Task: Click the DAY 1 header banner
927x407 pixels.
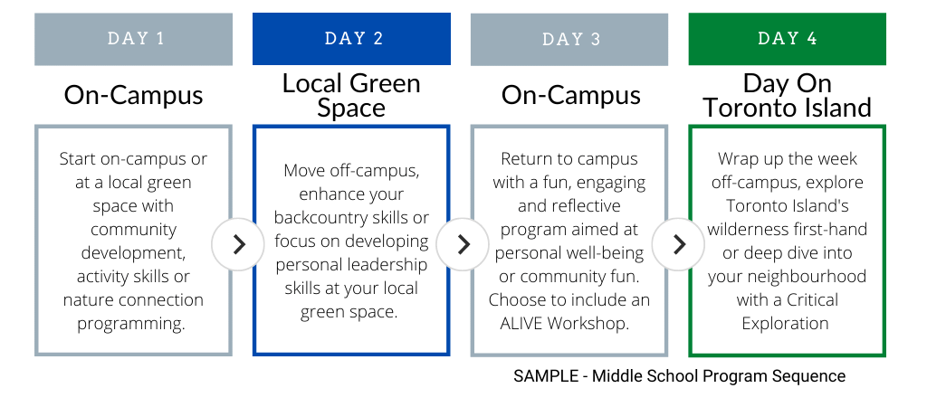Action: coord(134,39)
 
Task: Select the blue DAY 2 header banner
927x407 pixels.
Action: coord(351,39)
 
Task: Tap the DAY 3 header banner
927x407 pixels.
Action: coord(569,39)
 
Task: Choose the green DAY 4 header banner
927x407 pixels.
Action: coord(787,39)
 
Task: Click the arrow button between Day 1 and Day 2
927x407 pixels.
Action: coord(238,244)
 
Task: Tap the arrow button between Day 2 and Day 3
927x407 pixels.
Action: coord(463,244)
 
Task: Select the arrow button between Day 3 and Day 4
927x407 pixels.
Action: coord(678,244)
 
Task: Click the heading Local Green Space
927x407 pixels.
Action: coord(351,96)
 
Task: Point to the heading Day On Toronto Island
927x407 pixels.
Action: coord(787,96)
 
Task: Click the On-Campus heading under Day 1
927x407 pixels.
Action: coord(134,95)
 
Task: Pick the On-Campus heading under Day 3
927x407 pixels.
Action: coord(571,95)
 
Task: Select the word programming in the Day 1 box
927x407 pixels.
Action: coord(131,325)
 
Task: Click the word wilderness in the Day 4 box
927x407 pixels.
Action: coord(752,229)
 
